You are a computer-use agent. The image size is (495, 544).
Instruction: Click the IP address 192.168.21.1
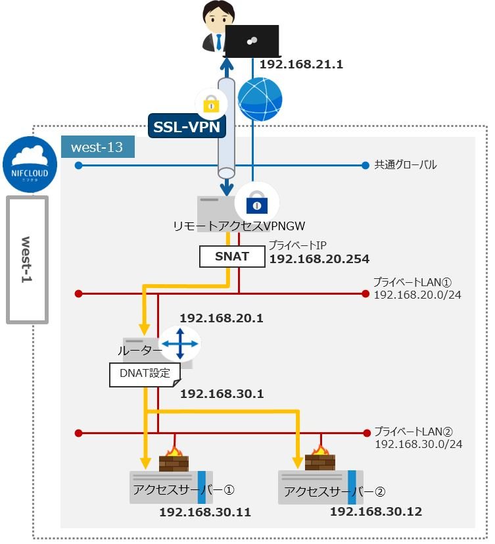point(302,64)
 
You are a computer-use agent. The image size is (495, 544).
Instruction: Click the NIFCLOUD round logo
point(29,162)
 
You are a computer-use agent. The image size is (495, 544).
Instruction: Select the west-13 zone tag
point(97,147)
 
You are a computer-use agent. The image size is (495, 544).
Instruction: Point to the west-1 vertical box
point(28,259)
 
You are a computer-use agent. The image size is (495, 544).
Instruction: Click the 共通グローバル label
point(406,164)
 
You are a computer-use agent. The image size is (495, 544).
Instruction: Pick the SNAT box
point(231,256)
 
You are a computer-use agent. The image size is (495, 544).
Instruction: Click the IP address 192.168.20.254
point(319,259)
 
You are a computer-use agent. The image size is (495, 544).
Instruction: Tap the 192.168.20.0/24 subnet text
point(417,294)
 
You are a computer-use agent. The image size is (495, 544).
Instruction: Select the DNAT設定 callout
point(144,374)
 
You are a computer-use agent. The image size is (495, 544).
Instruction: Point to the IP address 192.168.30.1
point(222,394)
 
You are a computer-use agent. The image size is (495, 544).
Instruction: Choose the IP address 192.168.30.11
point(205,512)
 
